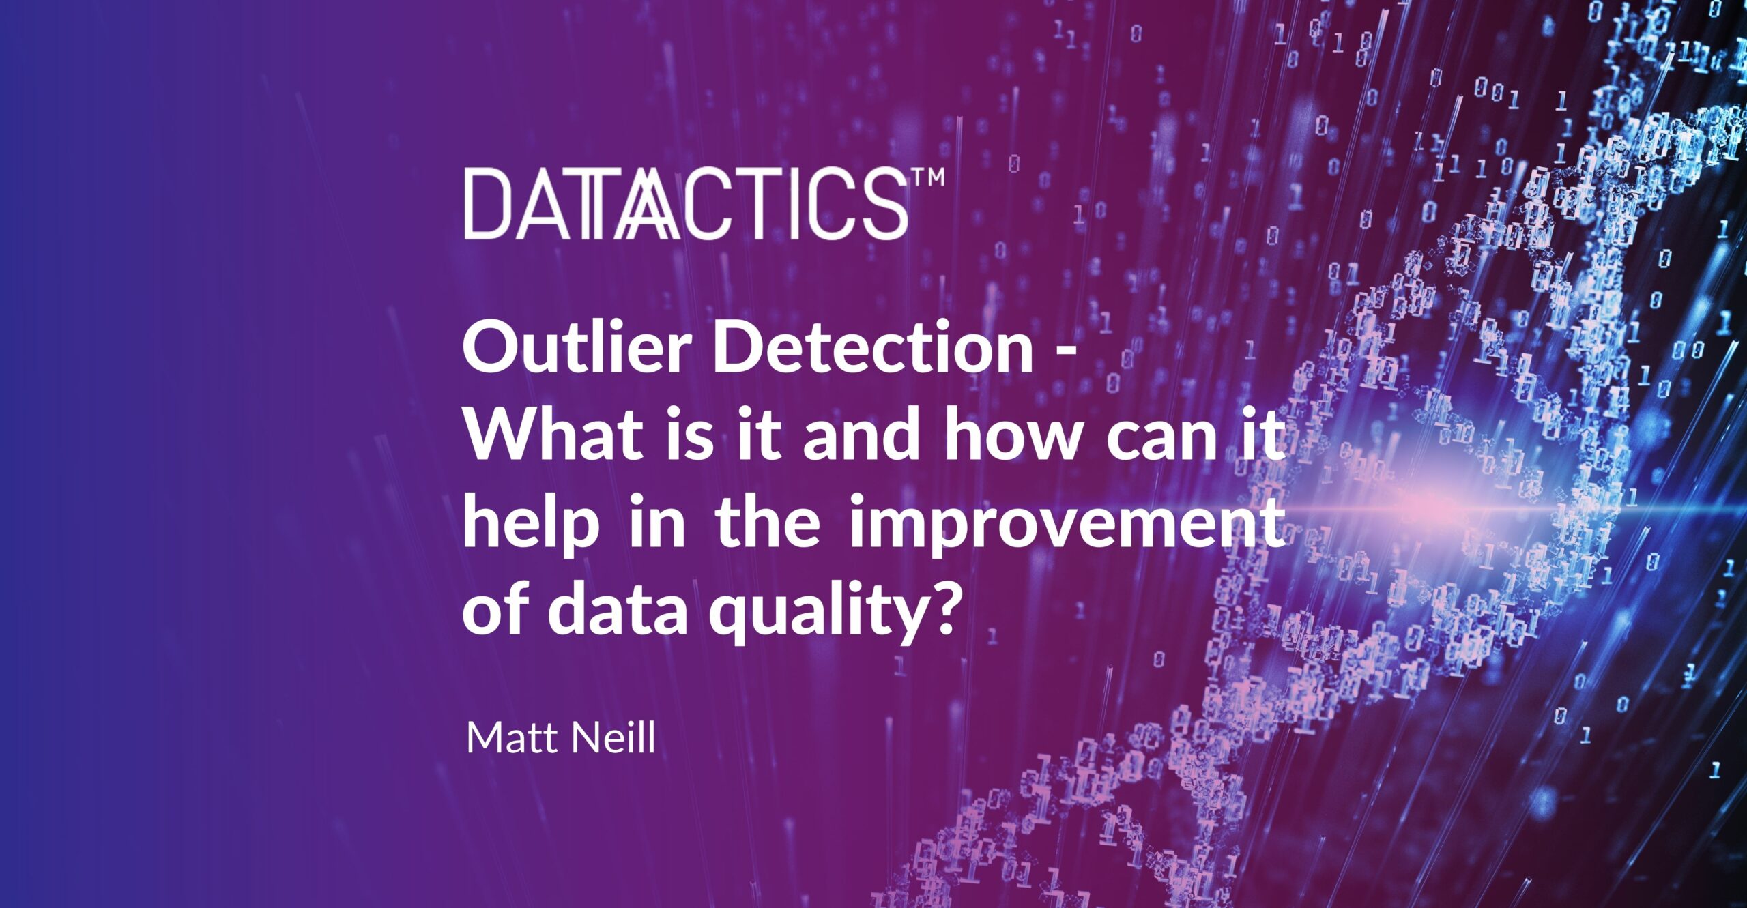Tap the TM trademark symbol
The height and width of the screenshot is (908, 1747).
(927, 177)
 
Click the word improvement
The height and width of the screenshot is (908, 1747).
(1066, 527)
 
